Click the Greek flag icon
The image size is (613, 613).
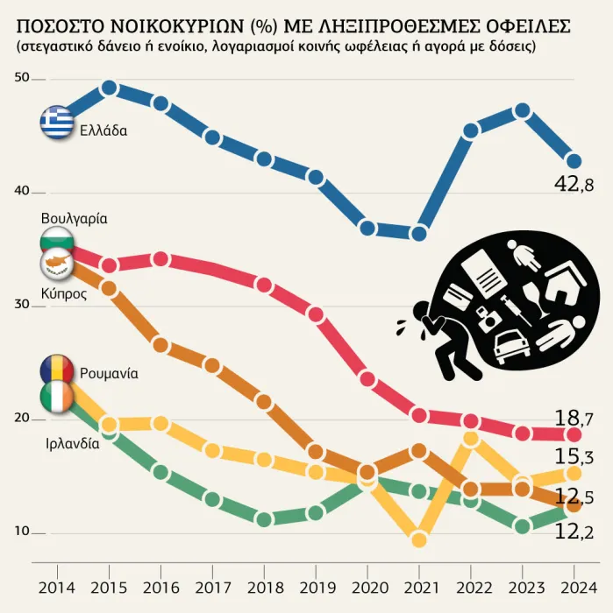click(x=58, y=122)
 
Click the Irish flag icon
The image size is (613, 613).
click(x=57, y=398)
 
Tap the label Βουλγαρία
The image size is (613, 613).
click(x=75, y=218)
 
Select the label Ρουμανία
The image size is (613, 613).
click(x=109, y=373)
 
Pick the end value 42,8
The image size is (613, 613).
click(x=575, y=184)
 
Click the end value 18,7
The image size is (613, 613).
click(x=575, y=417)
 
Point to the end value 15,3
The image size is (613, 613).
click(x=575, y=455)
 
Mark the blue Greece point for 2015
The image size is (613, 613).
click(x=110, y=88)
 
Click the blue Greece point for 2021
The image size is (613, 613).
click(x=419, y=233)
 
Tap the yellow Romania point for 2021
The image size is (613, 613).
click(x=419, y=539)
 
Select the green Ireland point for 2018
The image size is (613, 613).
click(x=264, y=519)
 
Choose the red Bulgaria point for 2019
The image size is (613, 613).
click(x=316, y=314)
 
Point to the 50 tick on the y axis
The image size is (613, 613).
click(x=22, y=79)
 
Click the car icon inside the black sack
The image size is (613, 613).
click(x=511, y=346)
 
